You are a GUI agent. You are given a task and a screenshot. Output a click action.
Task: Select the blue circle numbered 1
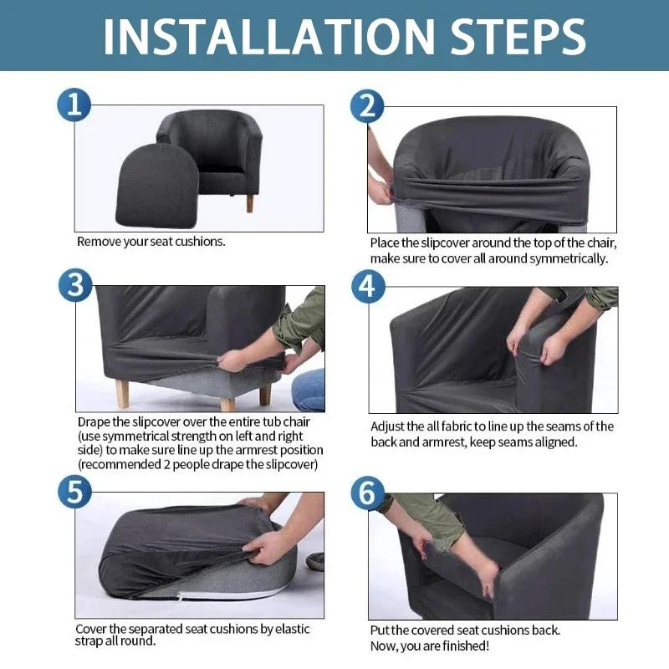(x=74, y=105)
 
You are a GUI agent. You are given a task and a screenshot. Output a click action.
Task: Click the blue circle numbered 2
(x=367, y=106)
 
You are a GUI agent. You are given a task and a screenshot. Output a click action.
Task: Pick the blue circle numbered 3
(x=75, y=285)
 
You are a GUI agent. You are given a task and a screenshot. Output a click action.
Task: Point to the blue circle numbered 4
(x=368, y=286)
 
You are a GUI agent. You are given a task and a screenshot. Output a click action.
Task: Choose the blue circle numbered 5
(x=74, y=492)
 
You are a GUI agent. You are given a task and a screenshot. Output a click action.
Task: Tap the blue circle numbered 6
(x=368, y=493)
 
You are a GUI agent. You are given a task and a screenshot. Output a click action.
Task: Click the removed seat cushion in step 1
(x=157, y=186)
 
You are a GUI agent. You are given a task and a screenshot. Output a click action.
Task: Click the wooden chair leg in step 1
(x=249, y=203)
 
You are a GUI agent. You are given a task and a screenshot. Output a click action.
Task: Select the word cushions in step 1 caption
(x=200, y=242)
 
